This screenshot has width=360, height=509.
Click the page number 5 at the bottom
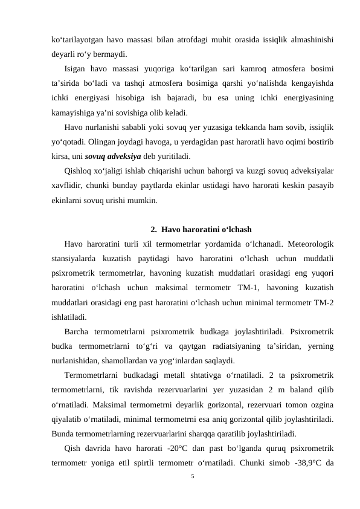point(192,476)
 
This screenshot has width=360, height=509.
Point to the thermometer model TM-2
point(325,302)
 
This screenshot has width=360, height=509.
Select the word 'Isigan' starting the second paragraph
point(77,68)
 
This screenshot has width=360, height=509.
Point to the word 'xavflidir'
point(69,185)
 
